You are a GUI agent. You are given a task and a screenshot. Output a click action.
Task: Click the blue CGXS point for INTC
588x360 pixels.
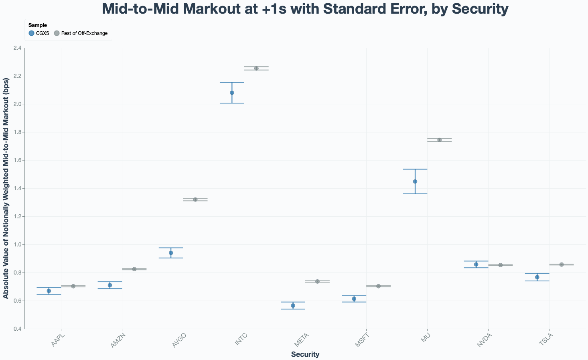232,93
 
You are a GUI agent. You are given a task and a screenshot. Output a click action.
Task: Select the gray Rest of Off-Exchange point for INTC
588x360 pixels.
256,68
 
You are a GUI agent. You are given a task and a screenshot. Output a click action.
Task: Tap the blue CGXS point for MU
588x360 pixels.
415,181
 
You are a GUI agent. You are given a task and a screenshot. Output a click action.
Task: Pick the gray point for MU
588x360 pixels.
439,140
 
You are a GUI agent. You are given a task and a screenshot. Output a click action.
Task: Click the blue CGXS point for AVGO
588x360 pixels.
171,253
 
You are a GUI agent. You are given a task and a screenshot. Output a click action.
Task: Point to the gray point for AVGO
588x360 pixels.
195,199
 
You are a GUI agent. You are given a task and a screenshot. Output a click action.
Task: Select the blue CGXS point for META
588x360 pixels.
293,306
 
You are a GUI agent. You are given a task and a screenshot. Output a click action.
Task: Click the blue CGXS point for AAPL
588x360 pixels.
49,291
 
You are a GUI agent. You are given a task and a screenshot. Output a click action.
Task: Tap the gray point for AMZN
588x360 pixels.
134,269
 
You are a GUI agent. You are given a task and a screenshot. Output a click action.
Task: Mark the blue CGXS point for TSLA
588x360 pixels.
537,277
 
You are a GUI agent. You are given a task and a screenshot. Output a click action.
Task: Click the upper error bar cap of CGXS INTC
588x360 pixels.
232,82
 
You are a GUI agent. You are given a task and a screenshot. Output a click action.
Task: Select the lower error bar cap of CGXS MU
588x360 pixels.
415,194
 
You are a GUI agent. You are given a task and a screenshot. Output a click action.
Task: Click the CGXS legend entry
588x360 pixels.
39,33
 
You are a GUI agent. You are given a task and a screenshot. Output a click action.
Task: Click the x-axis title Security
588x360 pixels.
305,354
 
